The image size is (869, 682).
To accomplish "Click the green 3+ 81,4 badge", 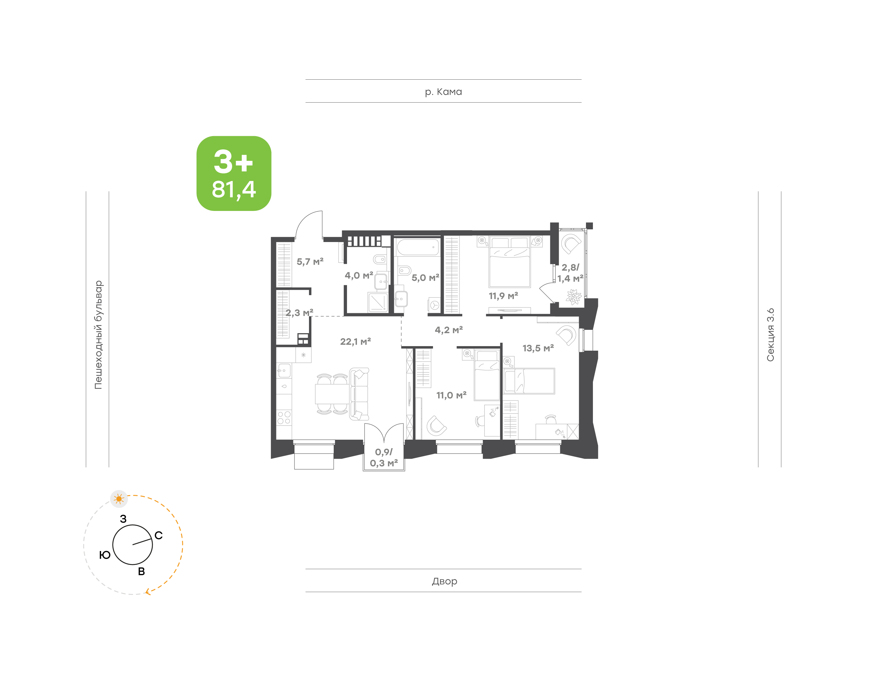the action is coord(234,173).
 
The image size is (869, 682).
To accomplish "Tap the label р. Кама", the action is coord(443,92).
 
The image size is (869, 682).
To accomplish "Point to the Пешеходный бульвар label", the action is coord(98,335).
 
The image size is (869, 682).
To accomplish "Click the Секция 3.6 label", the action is coord(770,335).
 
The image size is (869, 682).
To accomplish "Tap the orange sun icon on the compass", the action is coord(119,499).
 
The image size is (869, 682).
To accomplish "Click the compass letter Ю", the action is coord(105,555).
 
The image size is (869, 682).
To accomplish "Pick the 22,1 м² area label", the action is coord(355,341).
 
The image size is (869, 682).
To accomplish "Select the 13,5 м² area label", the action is coord(538,348).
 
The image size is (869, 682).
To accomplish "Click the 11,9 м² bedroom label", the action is coord(503,296).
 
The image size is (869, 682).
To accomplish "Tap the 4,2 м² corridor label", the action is coord(449,330).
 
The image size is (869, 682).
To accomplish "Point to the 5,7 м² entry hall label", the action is coord(310,262).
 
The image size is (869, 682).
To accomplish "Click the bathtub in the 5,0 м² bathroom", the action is coord(418,247).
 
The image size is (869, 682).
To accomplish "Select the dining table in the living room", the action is coord(332,394).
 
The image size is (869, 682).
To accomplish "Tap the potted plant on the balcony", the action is coord(574,297).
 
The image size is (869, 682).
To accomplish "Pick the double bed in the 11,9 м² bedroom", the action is coord(510,262).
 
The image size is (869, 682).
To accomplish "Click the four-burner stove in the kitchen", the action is coord(284,418).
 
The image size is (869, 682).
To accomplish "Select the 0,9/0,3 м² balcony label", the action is coord(384,457).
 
